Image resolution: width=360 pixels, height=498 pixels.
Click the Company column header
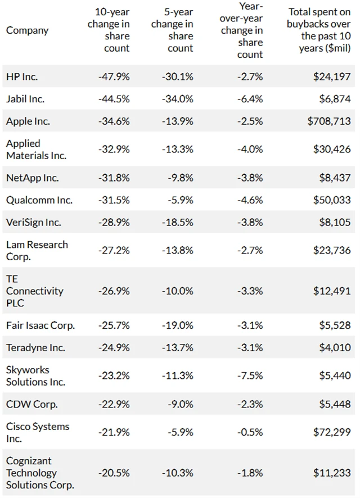[27, 30]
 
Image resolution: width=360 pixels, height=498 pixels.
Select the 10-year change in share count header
[109, 30]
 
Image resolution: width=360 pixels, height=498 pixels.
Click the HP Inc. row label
[22, 76]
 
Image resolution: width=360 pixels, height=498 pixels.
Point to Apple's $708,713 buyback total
[329, 121]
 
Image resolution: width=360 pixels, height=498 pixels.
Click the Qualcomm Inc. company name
[39, 200]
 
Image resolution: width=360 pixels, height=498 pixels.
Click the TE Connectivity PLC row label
[34, 291]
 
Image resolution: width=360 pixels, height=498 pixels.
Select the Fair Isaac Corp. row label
[40, 325]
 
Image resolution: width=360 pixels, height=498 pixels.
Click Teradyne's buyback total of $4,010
[335, 348]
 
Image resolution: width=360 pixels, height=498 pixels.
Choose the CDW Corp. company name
[32, 404]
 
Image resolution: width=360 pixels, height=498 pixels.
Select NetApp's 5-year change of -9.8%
[182, 178]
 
